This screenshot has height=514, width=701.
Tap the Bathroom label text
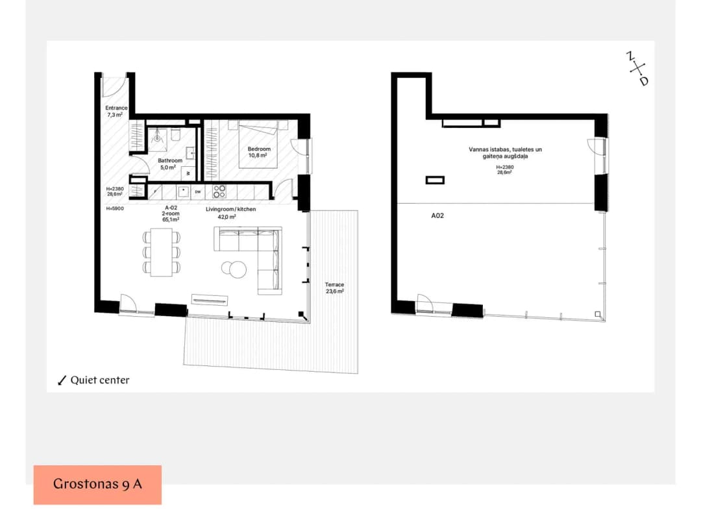coord(170,160)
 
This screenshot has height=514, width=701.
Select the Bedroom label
coord(259,149)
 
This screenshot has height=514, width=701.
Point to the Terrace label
coord(334,284)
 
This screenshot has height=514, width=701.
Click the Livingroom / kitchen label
coord(230,209)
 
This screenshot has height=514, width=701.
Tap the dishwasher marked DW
coord(197,192)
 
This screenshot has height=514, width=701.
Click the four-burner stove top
coord(219,191)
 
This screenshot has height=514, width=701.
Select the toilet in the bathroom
coord(175,134)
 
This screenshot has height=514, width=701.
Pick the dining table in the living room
coord(162,252)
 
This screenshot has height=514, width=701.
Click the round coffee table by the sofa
coord(234,269)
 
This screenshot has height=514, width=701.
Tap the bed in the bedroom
coord(258,144)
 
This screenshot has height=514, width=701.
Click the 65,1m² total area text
coord(171,219)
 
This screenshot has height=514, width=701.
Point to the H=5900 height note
coord(115,209)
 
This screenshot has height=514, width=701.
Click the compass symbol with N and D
coord(637,69)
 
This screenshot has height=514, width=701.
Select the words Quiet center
coord(100,380)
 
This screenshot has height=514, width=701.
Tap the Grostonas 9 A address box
coord(97,485)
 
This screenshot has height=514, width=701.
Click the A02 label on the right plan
coord(437,215)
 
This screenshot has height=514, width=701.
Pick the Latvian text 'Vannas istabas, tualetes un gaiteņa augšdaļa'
coord(505,153)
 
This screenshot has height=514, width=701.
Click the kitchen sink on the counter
coord(184,191)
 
